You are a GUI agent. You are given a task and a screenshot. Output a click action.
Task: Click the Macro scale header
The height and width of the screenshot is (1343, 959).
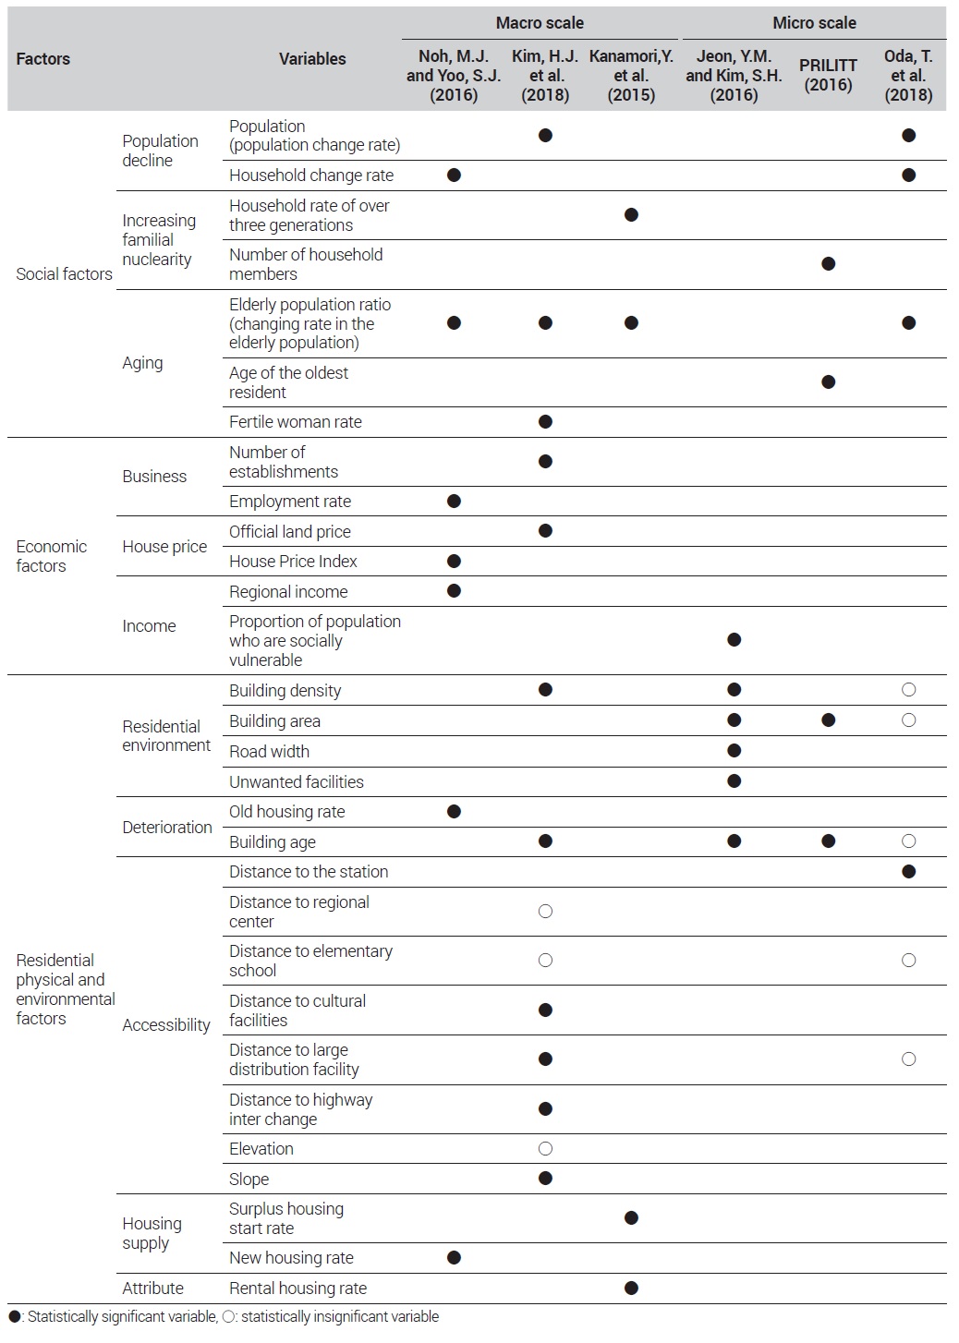pos(540,23)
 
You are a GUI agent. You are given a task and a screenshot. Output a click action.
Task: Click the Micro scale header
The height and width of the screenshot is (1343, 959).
pos(814,23)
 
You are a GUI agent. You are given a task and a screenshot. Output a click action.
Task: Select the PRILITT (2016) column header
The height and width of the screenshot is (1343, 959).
pos(828,75)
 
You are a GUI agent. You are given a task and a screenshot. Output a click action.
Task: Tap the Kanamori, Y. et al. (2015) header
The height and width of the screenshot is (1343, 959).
pos(631,75)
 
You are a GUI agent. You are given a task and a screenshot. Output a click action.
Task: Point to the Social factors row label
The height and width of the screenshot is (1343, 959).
pos(64,274)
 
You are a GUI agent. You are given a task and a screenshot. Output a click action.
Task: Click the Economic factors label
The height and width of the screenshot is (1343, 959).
pos(51,556)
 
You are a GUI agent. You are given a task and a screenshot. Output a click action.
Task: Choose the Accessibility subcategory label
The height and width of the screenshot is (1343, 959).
pos(166,1024)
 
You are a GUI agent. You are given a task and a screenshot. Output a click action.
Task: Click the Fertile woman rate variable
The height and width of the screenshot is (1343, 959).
pos(295,421)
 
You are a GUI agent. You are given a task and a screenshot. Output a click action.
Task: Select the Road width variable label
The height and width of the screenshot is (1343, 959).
pos(269,751)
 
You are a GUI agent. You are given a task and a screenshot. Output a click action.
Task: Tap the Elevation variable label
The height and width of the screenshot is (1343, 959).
pos(261,1148)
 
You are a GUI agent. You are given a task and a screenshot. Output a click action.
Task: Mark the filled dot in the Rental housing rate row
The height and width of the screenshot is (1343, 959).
pos(631,1288)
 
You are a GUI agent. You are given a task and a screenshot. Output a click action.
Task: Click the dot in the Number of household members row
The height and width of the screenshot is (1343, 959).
pos(828,263)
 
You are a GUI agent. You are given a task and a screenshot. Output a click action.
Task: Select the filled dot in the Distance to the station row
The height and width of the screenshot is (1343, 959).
pos(908,871)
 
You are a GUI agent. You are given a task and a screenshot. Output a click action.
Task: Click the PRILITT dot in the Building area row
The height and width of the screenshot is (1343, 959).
pos(828,720)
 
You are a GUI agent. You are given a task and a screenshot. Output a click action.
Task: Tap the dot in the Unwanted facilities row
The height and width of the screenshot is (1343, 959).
pos(734,780)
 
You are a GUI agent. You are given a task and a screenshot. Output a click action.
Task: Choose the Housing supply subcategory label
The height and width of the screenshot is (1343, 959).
pos(152,1233)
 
